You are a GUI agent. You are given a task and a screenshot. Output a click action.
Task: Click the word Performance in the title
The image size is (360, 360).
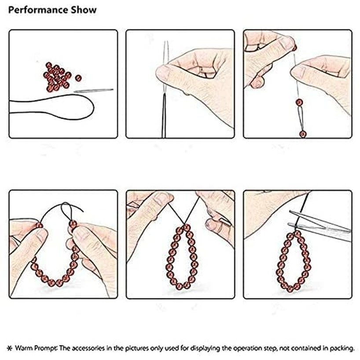pos(38,10)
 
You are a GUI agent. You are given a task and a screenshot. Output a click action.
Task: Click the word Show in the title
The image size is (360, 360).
pos(84,10)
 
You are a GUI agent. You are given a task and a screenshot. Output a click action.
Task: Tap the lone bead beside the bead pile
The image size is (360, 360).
pos(78,78)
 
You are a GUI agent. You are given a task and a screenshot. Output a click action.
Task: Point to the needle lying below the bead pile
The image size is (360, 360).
pos(93,91)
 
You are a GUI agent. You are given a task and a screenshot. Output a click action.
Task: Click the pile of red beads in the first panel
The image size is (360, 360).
pos(57,77)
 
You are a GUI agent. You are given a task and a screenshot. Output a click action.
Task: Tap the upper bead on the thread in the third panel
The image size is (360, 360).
pos(299,102)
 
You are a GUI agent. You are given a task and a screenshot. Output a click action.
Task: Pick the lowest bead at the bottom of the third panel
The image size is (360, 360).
pos(303,134)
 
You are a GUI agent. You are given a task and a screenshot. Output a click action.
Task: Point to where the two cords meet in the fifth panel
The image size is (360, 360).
pos(184,224)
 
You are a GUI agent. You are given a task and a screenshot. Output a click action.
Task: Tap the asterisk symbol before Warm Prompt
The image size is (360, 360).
pos(10,348)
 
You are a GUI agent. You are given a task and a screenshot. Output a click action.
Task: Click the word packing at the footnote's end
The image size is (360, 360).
pos(342,349)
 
